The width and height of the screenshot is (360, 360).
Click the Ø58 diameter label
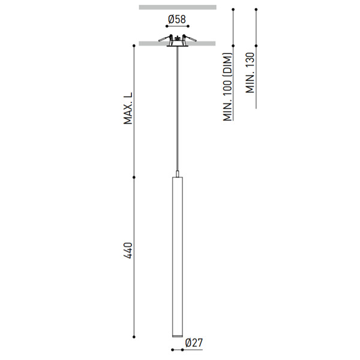(177, 19)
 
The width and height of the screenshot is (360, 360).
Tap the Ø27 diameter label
(194, 343)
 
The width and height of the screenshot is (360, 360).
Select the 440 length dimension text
(128, 250)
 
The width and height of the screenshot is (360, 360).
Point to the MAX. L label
(128, 108)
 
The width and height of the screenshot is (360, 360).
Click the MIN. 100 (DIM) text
(228, 87)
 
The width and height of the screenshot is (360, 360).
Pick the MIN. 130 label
(250, 73)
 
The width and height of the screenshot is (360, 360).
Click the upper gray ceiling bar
(178, 7)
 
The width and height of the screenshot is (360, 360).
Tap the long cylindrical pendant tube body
(178, 257)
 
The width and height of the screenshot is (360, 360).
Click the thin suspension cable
(177, 109)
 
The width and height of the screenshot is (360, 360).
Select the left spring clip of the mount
(166, 38)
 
